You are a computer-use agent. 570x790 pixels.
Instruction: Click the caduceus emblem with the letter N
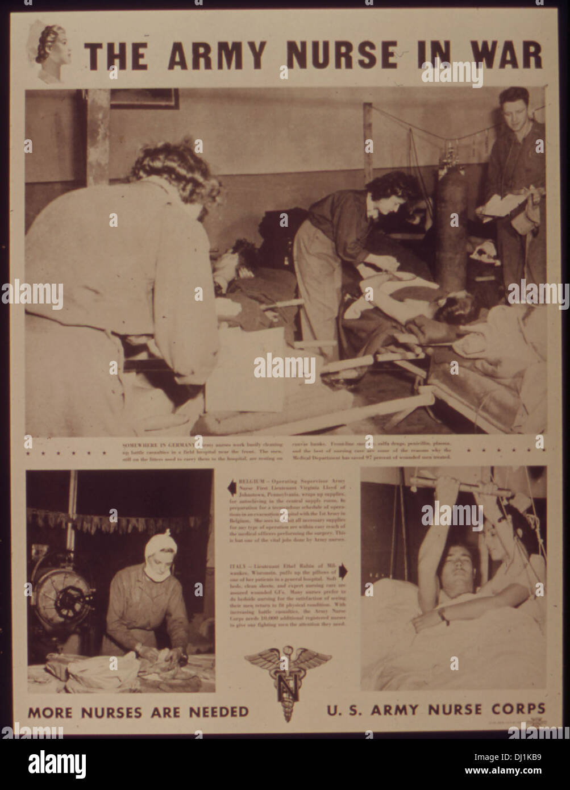click(x=288, y=676)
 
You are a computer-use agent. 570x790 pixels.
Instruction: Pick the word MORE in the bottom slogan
click(x=49, y=711)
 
